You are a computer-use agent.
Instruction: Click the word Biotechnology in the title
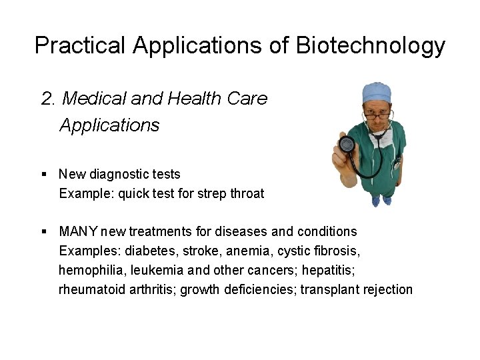370,45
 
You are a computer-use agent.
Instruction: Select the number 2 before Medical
47,99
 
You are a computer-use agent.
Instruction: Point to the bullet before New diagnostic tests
44,174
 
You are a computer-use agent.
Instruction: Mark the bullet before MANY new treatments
44,231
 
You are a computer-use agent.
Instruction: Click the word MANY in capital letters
79,231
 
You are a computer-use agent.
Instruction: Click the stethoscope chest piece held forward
347,144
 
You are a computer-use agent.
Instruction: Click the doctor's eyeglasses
378,116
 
